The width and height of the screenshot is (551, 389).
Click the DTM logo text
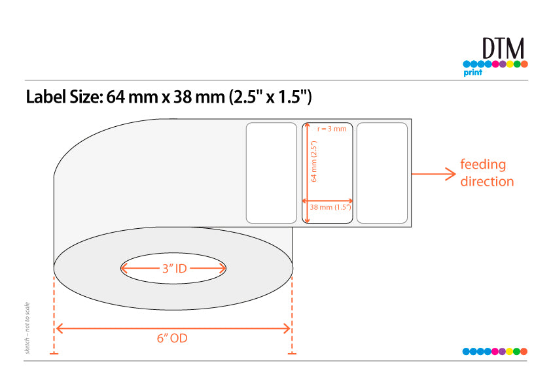point(503,48)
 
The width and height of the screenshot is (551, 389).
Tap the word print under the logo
point(472,73)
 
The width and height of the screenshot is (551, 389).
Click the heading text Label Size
point(64,97)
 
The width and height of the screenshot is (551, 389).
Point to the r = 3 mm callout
point(332,129)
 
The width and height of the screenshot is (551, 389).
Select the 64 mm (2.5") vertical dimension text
point(314,161)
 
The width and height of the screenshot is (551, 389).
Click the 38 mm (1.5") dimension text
point(330,207)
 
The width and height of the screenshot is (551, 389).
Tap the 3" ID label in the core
point(174,269)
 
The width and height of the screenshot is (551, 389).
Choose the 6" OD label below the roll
point(172,338)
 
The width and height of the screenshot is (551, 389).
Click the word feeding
point(483,165)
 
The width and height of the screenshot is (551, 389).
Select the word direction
point(487,182)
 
